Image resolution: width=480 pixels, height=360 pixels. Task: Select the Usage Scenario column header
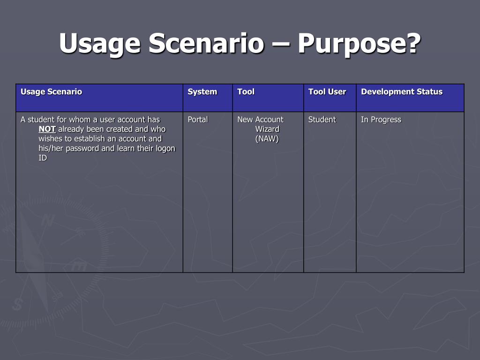[x=52, y=92]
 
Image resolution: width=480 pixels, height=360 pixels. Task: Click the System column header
[x=202, y=92]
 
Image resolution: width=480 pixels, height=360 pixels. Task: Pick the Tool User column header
[x=327, y=92]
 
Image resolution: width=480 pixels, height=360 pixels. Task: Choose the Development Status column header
[x=402, y=92]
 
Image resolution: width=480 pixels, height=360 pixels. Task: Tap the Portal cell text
[x=198, y=120]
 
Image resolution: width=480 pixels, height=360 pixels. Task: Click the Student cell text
[x=322, y=120]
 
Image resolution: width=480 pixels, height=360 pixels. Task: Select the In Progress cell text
[x=381, y=120]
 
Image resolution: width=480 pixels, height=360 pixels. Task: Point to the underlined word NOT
[x=47, y=129]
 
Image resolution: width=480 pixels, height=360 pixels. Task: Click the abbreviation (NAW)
[x=267, y=139]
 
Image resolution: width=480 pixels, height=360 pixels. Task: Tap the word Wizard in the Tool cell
[x=267, y=129]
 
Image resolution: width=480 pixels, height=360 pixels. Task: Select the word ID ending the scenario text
[x=43, y=158]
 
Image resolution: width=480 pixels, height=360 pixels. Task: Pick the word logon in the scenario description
[x=165, y=149]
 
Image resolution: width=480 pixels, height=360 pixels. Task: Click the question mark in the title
[x=414, y=44]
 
